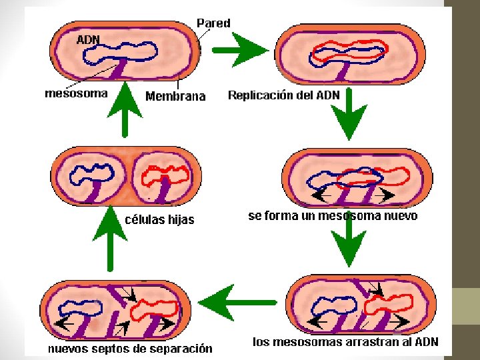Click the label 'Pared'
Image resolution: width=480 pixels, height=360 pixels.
213,23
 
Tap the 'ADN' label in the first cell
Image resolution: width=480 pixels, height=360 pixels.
88,39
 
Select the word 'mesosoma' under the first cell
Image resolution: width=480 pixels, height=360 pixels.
75,93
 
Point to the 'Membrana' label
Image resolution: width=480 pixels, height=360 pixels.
175,97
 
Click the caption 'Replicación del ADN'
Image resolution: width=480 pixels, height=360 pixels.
283,95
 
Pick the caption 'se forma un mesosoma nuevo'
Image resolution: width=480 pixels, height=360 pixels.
333,216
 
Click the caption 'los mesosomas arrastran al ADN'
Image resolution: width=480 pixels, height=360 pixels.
350,342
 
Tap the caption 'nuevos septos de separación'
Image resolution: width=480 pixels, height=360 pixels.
129,348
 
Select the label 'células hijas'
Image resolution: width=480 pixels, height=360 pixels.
159,219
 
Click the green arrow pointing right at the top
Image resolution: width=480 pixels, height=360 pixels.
239,49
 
